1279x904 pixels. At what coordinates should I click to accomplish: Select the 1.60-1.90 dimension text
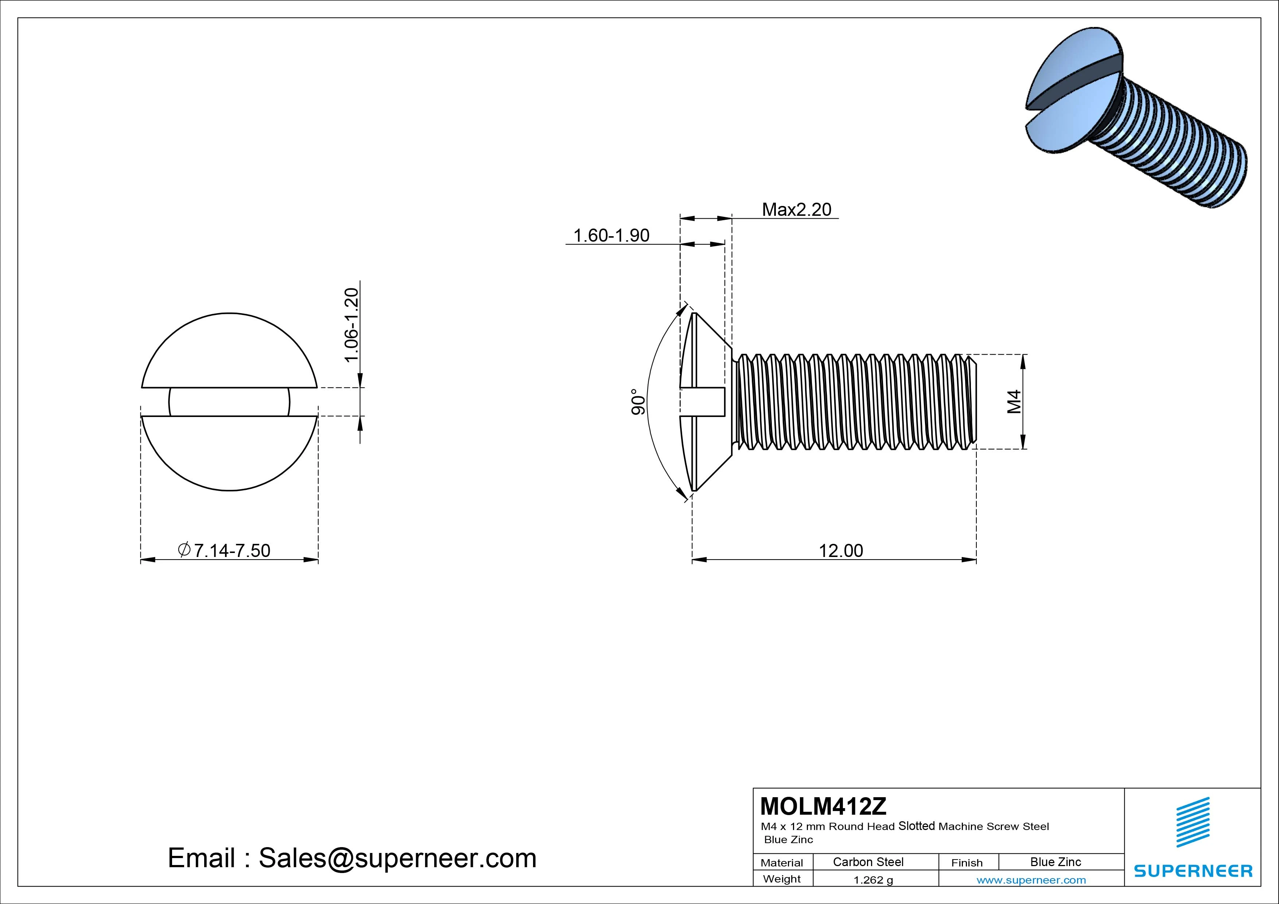click(611, 235)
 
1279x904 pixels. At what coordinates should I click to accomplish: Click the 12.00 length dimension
click(841, 550)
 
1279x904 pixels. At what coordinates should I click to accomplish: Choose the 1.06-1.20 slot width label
click(351, 325)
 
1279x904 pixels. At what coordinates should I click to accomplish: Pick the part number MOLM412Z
click(823, 806)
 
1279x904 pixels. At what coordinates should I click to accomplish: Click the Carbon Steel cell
click(868, 862)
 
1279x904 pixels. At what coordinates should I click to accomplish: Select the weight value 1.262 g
click(873, 880)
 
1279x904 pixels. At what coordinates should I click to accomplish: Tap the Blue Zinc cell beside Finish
click(1056, 862)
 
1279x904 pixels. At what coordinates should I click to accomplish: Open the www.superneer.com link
click(1031, 880)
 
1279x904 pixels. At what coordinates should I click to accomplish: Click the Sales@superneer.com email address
click(397, 858)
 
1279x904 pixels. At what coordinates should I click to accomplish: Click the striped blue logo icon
click(1193, 822)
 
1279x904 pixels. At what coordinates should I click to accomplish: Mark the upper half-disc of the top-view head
click(229, 354)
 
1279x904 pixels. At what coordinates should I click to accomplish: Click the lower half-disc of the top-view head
click(229, 451)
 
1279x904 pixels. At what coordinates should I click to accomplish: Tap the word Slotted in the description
click(916, 826)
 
